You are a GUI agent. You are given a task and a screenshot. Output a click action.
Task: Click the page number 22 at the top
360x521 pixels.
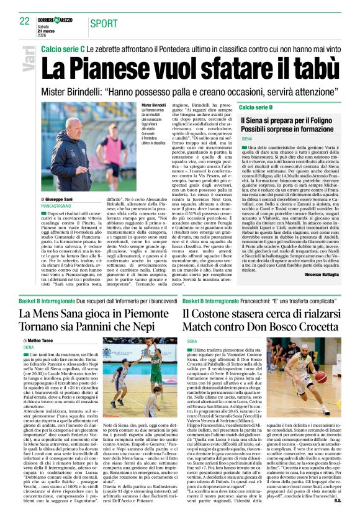tap(24, 20)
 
